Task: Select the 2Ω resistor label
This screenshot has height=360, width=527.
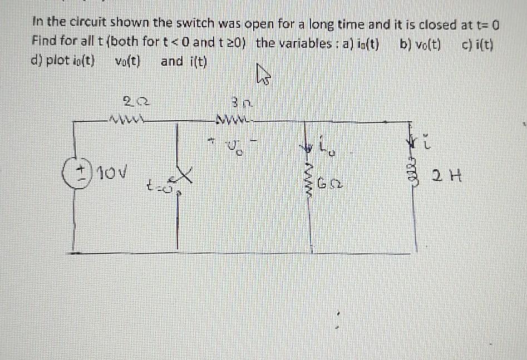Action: [x=131, y=101]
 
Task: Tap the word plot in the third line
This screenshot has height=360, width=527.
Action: [x=57, y=61]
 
